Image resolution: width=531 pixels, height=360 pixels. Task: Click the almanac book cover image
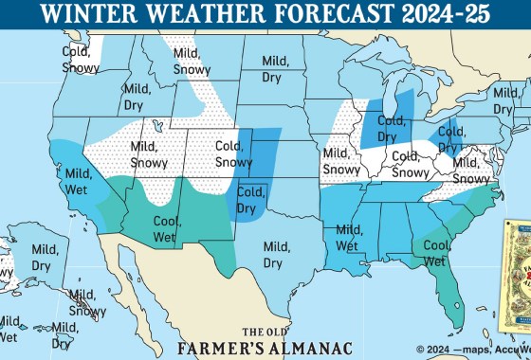517,275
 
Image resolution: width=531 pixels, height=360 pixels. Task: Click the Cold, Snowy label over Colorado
233,154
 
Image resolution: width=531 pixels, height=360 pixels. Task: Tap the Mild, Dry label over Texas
276,255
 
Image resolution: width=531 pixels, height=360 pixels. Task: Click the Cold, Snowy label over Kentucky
409,164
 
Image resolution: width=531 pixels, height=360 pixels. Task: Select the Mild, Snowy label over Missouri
340,161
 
